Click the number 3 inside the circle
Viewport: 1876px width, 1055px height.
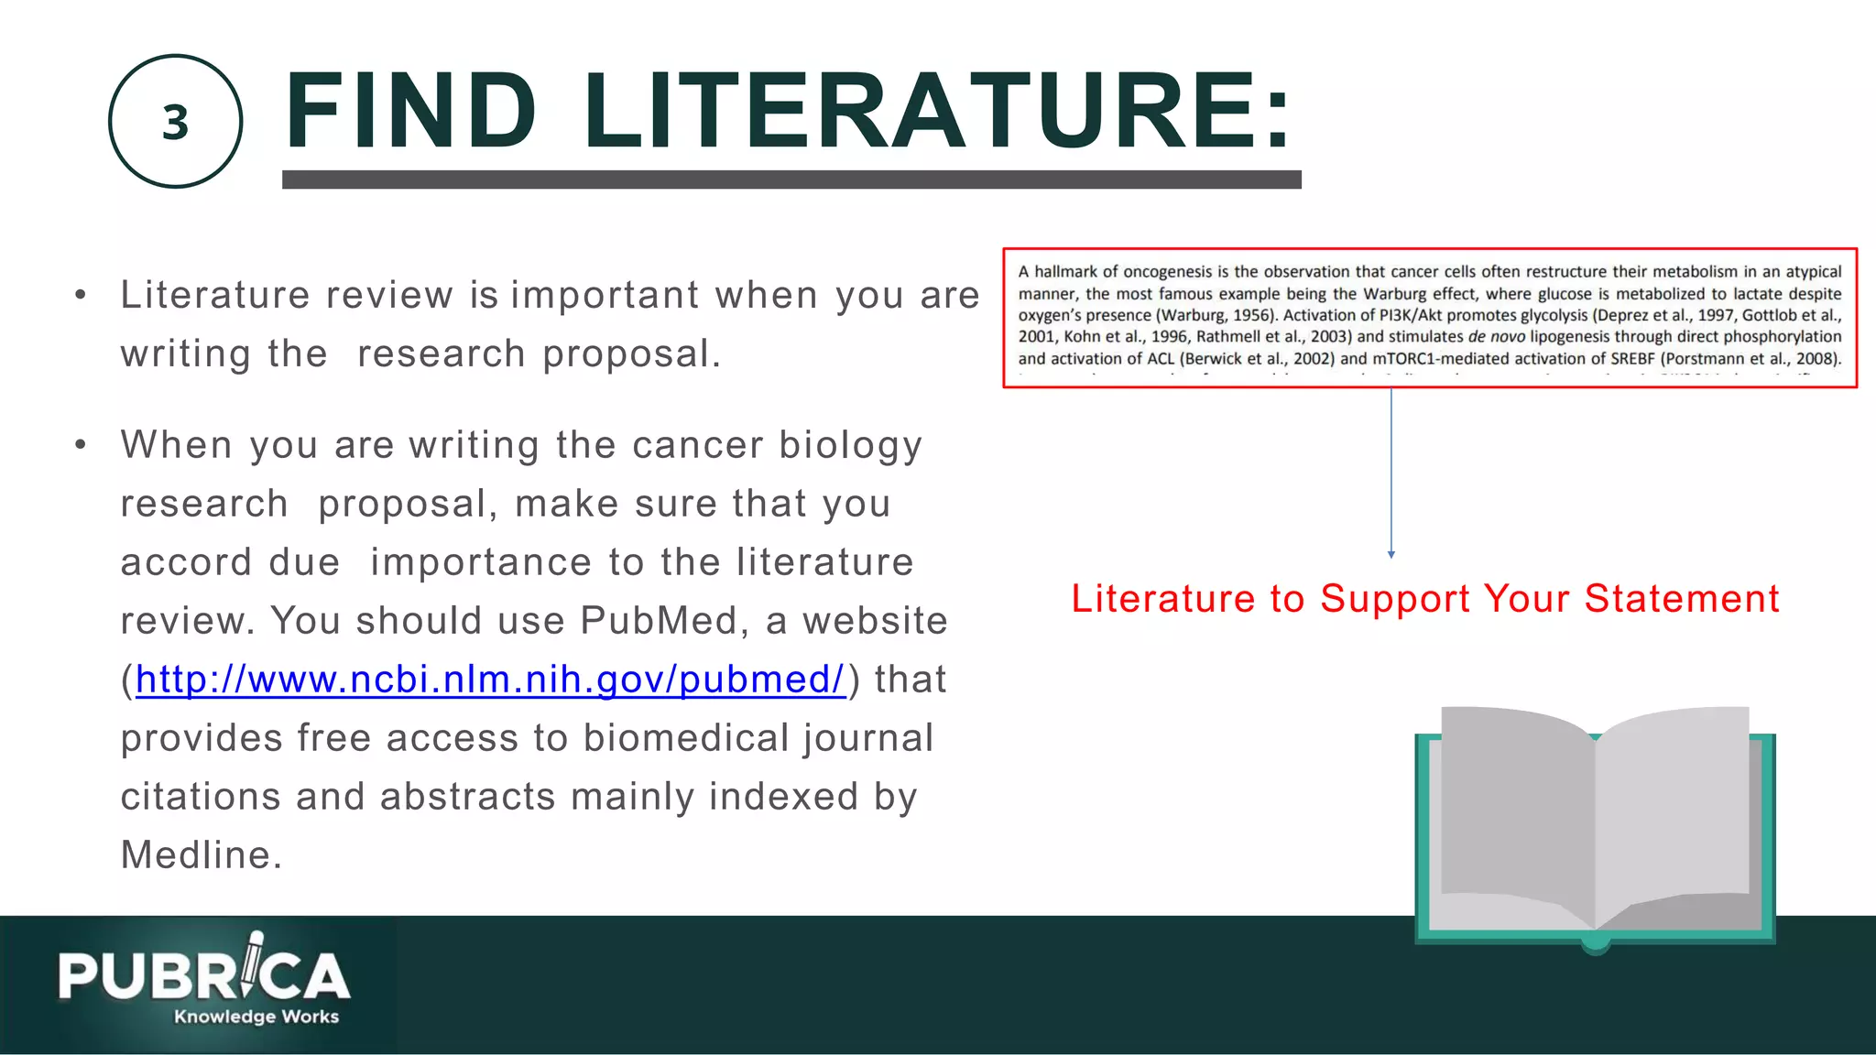tap(175, 123)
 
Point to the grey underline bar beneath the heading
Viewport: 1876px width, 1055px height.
tap(791, 179)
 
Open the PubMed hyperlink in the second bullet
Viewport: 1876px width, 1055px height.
tap(490, 680)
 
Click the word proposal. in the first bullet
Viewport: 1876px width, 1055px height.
tap(631, 354)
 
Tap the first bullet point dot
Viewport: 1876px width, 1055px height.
tap(81, 295)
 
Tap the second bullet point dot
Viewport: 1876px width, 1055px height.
tap(81, 445)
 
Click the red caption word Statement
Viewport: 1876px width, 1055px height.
tap(1682, 599)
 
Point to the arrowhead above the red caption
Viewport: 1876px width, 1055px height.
tap(1391, 554)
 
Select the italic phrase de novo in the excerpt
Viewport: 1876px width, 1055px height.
tap(1496, 337)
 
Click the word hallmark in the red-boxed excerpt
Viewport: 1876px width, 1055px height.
tap(1065, 272)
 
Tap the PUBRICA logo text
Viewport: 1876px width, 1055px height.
tap(203, 976)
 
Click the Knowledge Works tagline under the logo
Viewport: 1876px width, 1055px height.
tap(256, 1017)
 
